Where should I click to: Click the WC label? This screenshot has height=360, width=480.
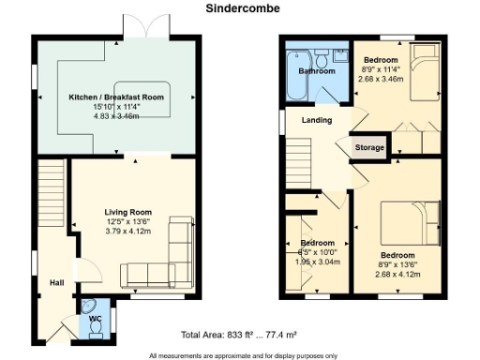click(95, 319)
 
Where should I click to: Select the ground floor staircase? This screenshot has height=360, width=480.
click(52, 198)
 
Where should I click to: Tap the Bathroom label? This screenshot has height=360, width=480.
click(317, 70)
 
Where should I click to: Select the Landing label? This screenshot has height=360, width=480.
click(315, 121)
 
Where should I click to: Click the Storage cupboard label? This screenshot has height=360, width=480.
click(368, 148)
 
